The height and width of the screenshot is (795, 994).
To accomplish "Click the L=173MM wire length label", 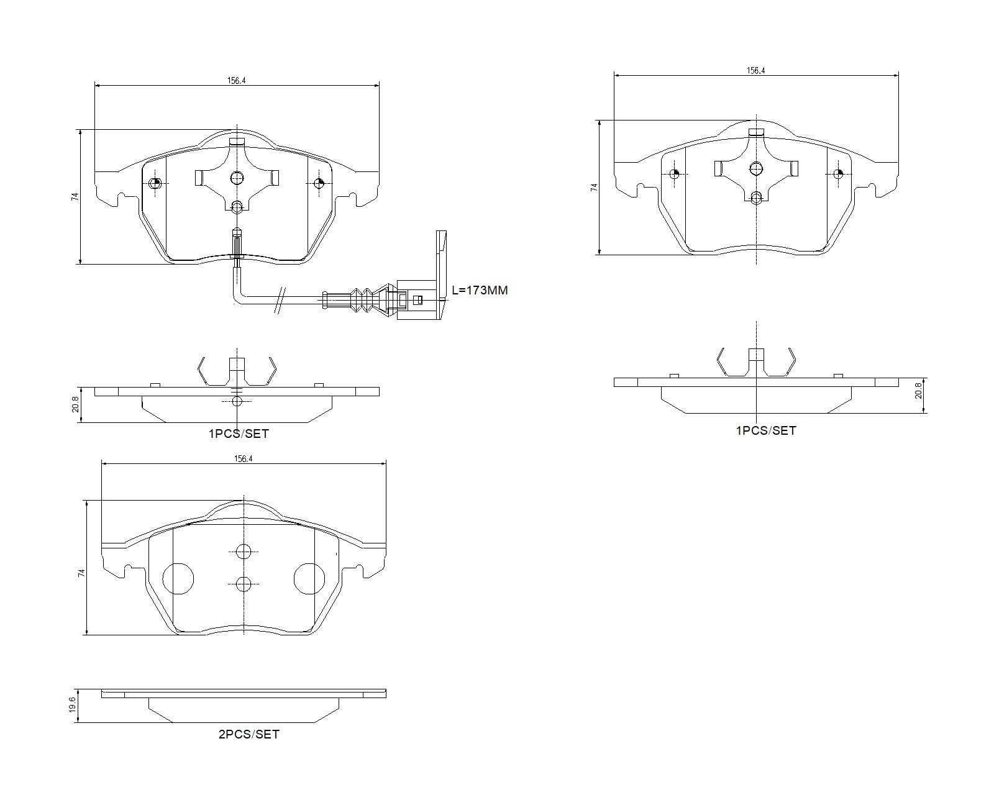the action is (x=480, y=290).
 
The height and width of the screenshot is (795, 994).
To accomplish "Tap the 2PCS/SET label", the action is (x=248, y=734).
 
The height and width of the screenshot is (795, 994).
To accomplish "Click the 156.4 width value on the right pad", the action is (x=755, y=71).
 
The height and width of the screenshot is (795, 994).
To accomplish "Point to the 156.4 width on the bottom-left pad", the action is (x=243, y=459).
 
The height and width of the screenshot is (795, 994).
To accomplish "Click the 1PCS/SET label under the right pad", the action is (x=766, y=430).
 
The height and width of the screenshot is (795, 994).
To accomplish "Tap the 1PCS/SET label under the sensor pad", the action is (x=239, y=434).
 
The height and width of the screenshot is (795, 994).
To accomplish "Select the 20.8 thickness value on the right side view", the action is (x=918, y=390).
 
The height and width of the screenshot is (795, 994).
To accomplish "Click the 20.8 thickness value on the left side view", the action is (x=75, y=404).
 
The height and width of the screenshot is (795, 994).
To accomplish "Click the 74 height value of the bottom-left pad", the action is (x=81, y=573).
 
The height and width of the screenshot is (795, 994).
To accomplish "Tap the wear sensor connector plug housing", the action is (x=416, y=300).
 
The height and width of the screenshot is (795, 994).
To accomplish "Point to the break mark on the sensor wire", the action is (x=280, y=300).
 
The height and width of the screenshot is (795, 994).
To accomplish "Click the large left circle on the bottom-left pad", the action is (x=178, y=579).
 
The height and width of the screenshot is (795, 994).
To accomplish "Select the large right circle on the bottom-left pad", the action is (x=309, y=579).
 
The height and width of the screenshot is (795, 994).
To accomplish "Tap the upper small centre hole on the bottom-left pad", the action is (x=244, y=551).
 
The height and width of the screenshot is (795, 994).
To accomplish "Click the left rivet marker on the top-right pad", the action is (x=675, y=174).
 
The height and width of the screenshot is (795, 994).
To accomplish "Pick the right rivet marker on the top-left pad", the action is (x=318, y=183).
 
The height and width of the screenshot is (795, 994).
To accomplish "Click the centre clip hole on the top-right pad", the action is (x=756, y=168).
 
